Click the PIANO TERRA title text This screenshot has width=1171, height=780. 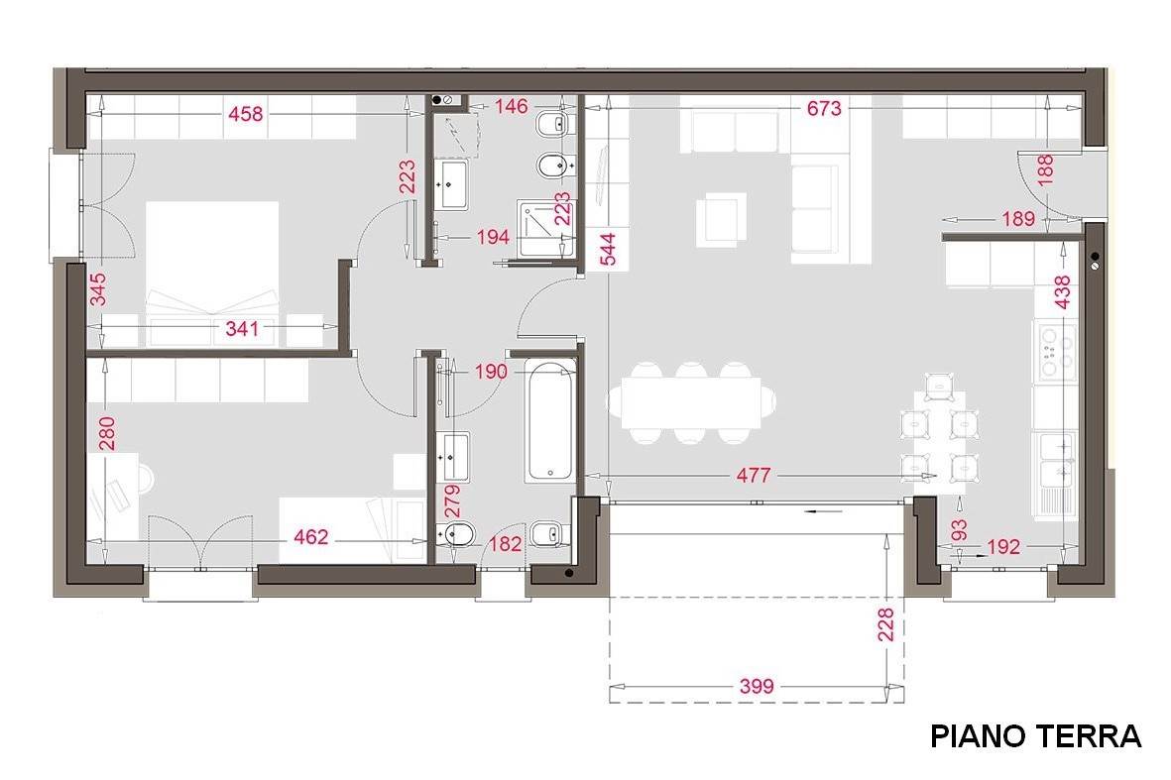click(x=1035, y=736)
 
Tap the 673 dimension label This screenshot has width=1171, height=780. click(x=824, y=109)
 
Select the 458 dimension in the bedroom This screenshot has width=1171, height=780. click(x=246, y=114)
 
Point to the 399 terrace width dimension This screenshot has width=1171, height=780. click(x=757, y=686)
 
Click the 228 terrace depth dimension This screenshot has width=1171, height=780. click(x=885, y=624)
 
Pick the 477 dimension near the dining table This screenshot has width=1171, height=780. click(x=753, y=476)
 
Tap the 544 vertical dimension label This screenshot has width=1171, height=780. click(x=609, y=250)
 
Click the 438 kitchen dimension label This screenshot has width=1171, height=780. click(x=1062, y=291)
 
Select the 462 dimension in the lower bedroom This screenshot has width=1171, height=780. click(x=310, y=536)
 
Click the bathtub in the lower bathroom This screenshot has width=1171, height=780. click(x=549, y=421)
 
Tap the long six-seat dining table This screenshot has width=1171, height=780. click(x=691, y=403)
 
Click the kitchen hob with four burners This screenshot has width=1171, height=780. click(x=1055, y=351)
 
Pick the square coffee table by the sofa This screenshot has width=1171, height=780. click(x=722, y=219)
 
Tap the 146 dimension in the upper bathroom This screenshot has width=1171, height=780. click(x=511, y=107)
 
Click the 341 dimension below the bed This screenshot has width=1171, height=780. click(x=242, y=328)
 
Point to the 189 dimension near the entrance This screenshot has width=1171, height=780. click(x=1018, y=219)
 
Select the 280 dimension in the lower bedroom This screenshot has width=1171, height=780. click(x=107, y=433)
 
